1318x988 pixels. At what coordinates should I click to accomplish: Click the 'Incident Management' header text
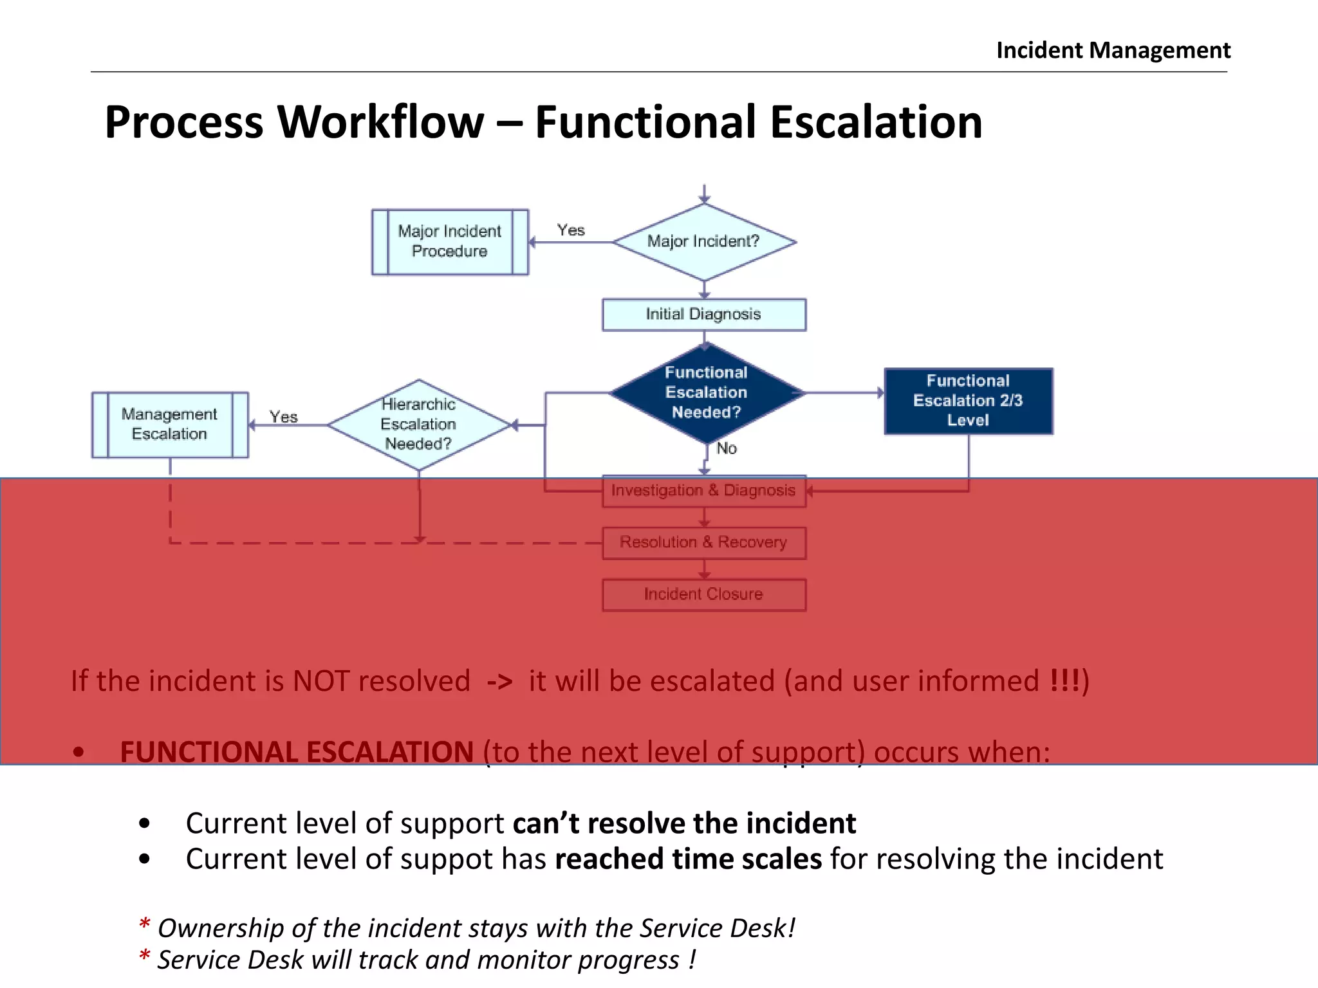click(x=1113, y=50)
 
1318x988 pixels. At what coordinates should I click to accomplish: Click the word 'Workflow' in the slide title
click(x=380, y=122)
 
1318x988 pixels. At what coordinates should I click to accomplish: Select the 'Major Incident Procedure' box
click(x=450, y=242)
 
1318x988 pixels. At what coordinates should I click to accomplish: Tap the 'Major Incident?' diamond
click(x=704, y=242)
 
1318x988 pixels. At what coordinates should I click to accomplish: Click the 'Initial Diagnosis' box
click(x=703, y=315)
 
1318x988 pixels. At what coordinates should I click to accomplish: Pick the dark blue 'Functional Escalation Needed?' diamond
click(x=706, y=392)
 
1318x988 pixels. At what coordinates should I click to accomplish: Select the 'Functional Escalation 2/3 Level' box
click(x=968, y=401)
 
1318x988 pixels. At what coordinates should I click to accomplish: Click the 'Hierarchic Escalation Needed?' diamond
click(x=418, y=425)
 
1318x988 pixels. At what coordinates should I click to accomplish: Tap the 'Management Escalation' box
click(x=170, y=425)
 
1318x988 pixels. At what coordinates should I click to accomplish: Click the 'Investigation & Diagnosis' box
click(x=703, y=491)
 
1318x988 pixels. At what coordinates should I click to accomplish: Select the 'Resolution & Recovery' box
click(x=703, y=543)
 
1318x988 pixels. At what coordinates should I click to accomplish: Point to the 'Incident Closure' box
click(x=703, y=594)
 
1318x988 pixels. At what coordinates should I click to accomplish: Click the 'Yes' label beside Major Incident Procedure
click(x=571, y=230)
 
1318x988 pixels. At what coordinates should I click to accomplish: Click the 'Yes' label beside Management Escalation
click(x=283, y=417)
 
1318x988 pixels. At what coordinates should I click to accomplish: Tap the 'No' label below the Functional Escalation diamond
click(x=727, y=448)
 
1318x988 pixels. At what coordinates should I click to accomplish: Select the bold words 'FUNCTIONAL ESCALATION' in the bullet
click(x=297, y=752)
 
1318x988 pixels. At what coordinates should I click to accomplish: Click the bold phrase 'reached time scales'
click(x=688, y=859)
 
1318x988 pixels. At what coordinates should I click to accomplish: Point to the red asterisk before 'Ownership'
click(x=145, y=925)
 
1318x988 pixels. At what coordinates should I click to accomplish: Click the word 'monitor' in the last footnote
click(x=523, y=960)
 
